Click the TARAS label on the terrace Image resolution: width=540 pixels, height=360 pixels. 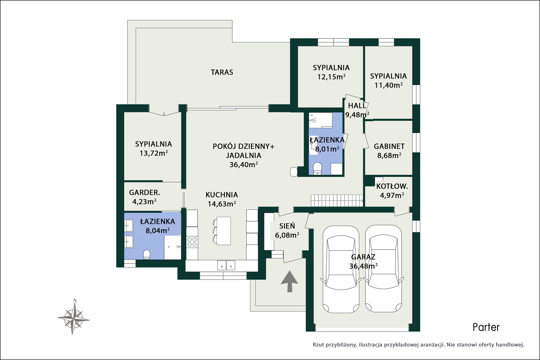coord(222,72)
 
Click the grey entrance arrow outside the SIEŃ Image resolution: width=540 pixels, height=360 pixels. coord(289,281)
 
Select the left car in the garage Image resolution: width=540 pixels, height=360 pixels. coord(341,269)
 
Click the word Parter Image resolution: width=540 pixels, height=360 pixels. coord(486,327)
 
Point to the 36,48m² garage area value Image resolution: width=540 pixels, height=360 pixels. coord(363,266)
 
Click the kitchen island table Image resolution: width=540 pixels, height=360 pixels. coord(223,231)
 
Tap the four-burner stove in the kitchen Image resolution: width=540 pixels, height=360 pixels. coord(192,242)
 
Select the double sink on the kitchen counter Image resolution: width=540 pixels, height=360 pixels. coord(226,265)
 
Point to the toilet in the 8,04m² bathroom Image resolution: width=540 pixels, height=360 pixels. coord(146,254)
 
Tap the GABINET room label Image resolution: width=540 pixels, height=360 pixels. coord(389,146)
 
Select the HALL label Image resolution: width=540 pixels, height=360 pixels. coord(357,106)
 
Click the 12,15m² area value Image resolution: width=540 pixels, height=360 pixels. coord(331,77)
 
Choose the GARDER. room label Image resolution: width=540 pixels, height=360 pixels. coord(144,193)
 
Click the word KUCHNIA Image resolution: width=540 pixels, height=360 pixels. coord(222,195)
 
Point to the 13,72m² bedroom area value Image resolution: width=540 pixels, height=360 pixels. coord(154,153)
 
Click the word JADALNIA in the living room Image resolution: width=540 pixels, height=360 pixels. coord(243,156)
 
